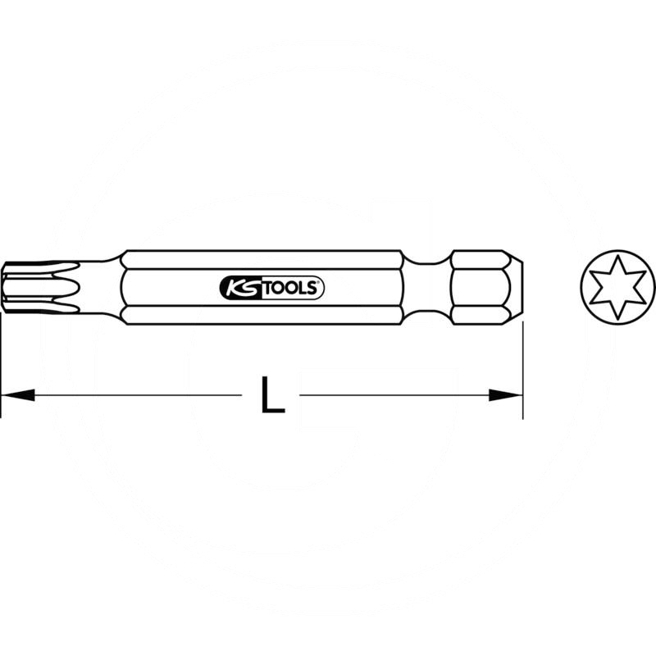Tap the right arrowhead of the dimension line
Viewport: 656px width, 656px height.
[x=506, y=395]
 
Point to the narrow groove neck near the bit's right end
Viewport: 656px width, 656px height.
[x=427, y=287]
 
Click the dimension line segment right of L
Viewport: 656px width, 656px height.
[x=394, y=395]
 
